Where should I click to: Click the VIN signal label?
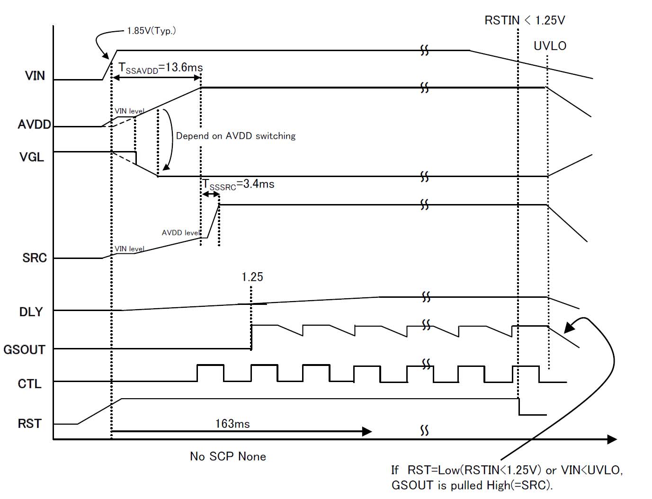(35, 76)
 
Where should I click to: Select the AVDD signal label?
(34, 125)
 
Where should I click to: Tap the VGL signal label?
(32, 157)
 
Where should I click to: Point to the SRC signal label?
(35, 258)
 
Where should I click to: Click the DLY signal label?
(31, 312)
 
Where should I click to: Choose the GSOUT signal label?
(24, 350)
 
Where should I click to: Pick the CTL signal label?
(29, 383)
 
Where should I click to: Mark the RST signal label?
(29, 423)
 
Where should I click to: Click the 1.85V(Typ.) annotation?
(152, 31)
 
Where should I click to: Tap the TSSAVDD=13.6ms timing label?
(161, 68)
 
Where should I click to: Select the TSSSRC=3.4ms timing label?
(239, 184)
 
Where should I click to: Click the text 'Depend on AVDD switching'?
(236, 136)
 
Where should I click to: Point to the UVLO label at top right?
(550, 46)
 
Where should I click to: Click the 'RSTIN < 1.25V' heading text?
(525, 20)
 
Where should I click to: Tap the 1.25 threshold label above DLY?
(252, 277)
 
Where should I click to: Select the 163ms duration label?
(232, 423)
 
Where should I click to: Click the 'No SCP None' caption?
(228, 456)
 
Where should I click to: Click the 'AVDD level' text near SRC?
(181, 233)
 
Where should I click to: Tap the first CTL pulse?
(210, 373)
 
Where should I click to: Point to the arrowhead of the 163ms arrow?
(367, 431)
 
